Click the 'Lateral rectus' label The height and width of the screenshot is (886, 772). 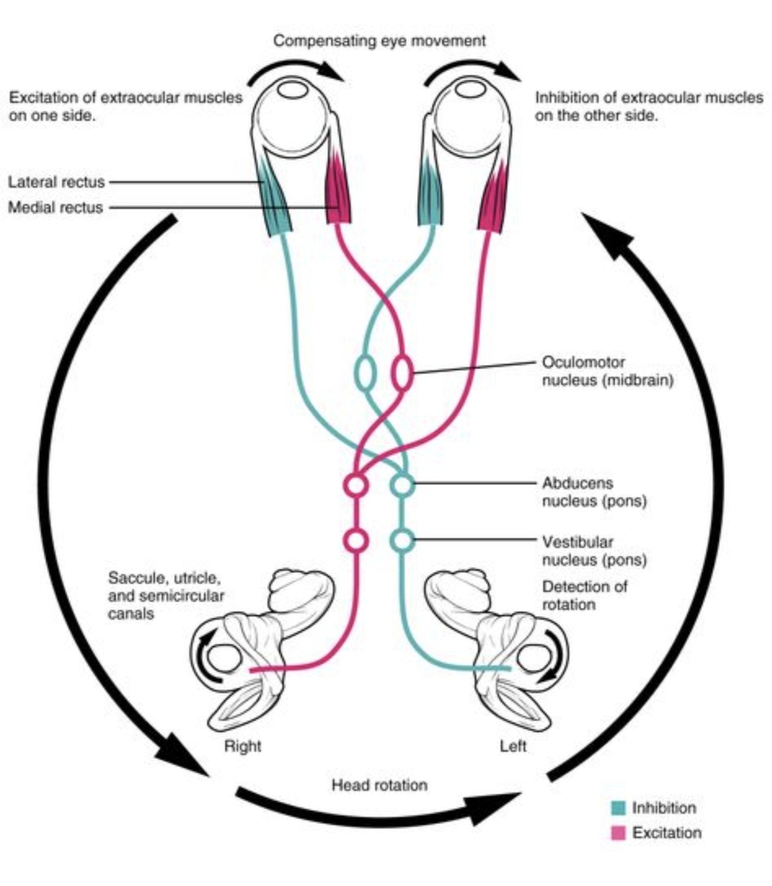tap(56, 182)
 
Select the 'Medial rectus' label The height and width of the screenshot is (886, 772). tap(55, 207)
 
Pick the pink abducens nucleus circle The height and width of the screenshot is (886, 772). tap(356, 486)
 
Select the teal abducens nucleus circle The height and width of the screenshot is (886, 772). tap(403, 486)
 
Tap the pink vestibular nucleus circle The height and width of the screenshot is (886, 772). tap(356, 540)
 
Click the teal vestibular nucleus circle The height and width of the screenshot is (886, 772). tap(403, 540)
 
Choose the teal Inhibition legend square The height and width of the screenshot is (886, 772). tap(618, 808)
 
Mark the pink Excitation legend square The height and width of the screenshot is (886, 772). tap(618, 834)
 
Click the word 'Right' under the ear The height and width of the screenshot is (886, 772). tap(242, 746)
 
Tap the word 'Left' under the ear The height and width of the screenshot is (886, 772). tap(513, 746)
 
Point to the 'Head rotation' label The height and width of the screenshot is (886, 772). tap(379, 785)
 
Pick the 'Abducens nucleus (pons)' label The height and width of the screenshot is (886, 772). tap(594, 492)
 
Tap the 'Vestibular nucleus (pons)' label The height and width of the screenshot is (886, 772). tap(594, 551)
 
